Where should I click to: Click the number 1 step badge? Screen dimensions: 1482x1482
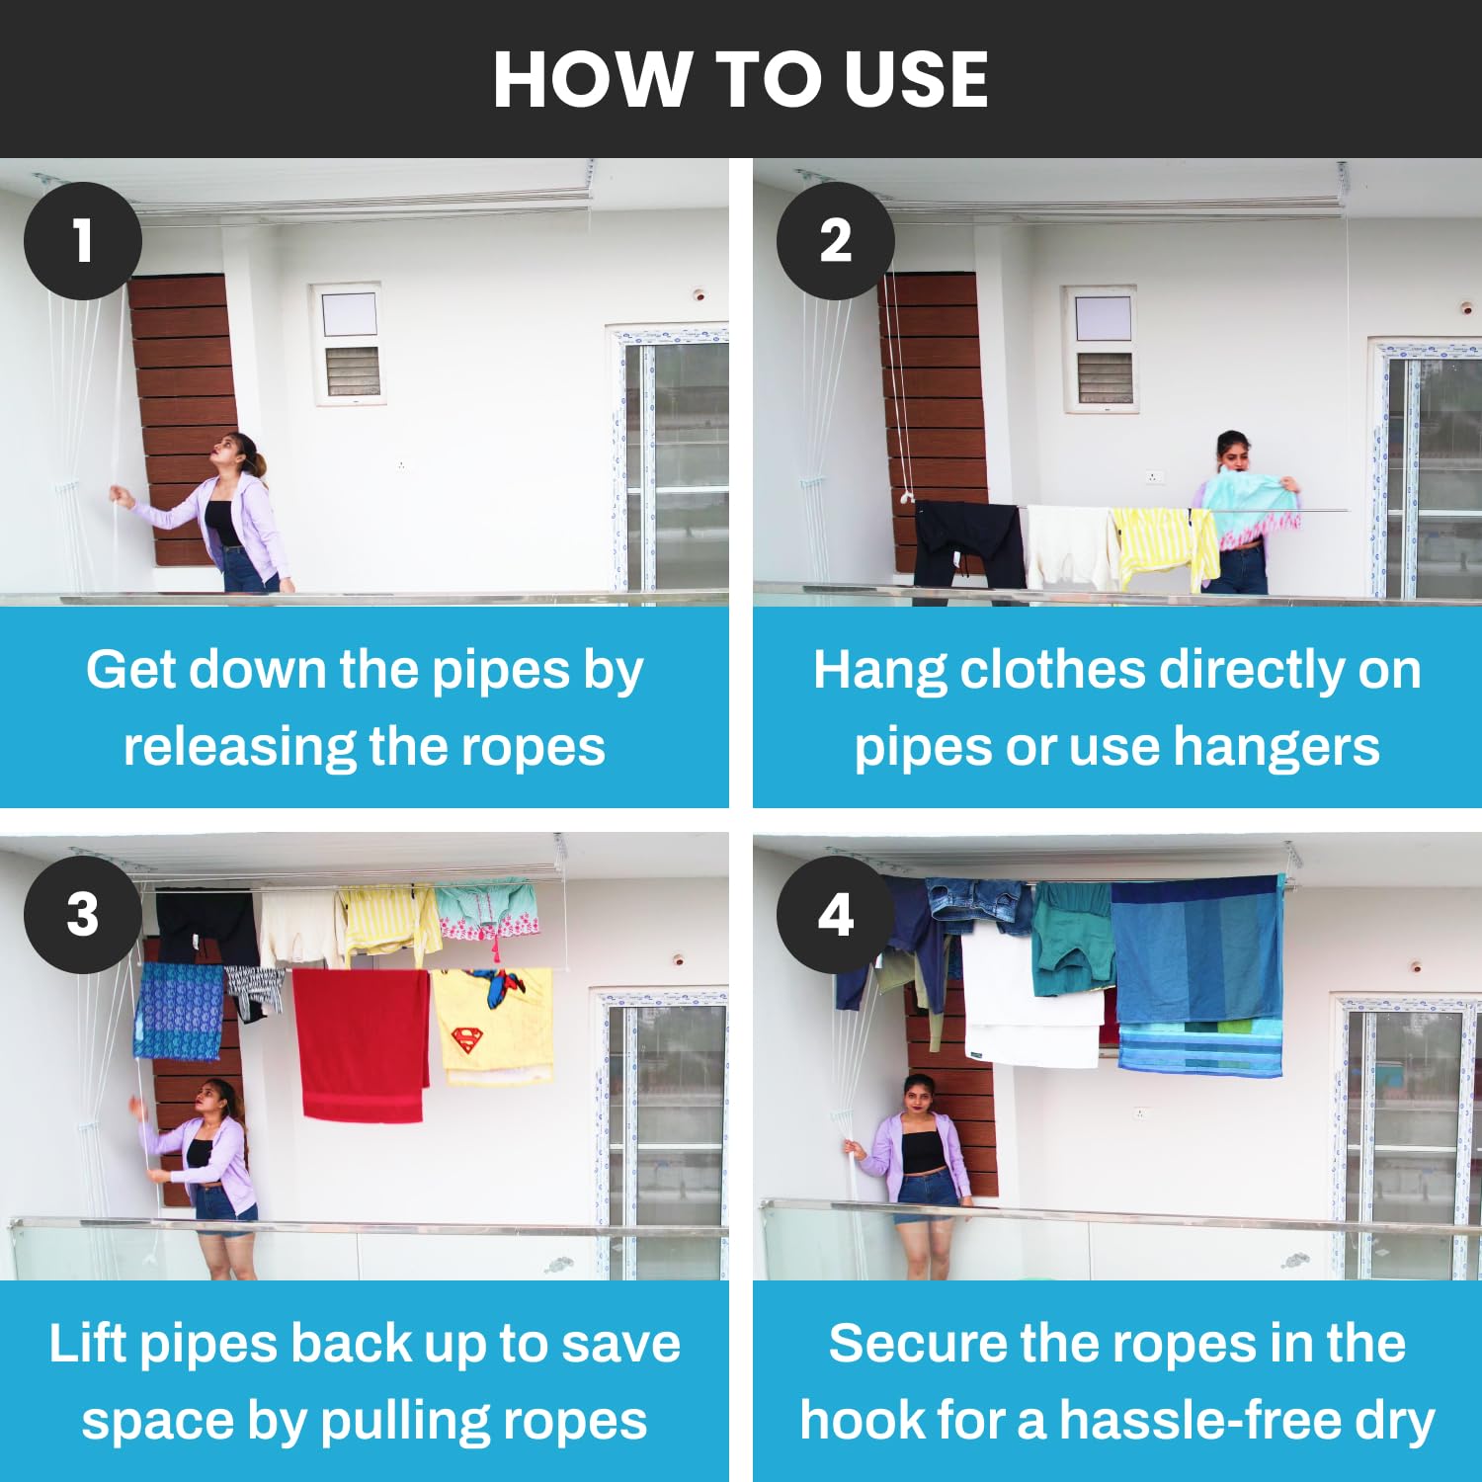83,241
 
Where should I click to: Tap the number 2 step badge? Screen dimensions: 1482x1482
836,241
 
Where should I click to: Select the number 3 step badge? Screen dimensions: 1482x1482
83,915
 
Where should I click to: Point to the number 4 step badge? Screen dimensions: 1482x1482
836,915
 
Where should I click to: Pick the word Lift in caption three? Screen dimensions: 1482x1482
88,1344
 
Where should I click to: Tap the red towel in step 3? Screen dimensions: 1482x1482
362,1044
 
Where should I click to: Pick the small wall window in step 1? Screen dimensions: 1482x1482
347,344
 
